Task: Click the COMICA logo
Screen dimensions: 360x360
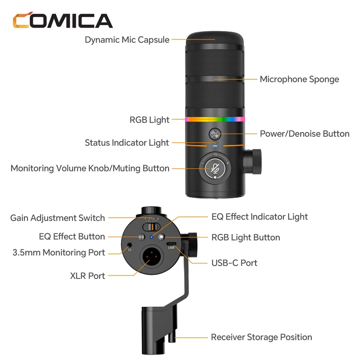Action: [63, 21]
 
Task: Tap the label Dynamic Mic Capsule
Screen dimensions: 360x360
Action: [127, 40]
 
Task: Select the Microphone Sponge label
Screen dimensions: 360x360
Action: [299, 79]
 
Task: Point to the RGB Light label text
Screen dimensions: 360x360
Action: [149, 120]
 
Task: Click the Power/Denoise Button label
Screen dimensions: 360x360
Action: [305, 134]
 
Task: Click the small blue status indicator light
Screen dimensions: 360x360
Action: [216, 145]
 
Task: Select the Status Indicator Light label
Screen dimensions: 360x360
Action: [127, 143]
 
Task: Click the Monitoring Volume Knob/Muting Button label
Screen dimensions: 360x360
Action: [90, 168]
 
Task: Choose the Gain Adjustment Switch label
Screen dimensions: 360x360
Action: [58, 218]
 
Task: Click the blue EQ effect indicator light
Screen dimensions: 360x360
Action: [152, 237]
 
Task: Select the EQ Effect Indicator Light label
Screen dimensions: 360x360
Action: [260, 216]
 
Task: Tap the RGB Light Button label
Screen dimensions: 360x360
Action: [246, 237]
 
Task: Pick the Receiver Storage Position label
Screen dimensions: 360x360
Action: [261, 337]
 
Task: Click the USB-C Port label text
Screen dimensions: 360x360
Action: [234, 262]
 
